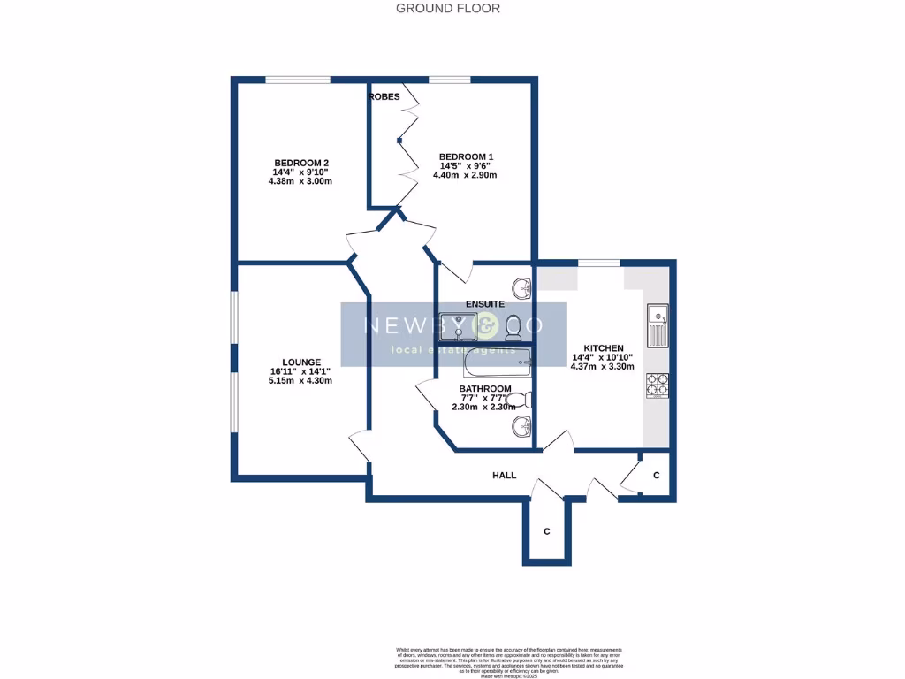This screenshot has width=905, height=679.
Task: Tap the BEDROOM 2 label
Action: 301,163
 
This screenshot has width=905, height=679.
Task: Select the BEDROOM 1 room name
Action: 466,157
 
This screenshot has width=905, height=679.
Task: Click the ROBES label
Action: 384,96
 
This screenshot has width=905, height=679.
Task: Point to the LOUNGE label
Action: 300,362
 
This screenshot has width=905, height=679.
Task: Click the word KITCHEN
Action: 604,348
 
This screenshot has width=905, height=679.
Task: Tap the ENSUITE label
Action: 485,304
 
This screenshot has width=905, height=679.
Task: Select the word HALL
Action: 504,476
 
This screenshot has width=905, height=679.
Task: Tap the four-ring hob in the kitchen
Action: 657,385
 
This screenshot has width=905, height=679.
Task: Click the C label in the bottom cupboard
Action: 547,531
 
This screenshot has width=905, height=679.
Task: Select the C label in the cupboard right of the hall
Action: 656,476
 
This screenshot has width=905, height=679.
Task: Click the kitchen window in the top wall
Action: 598,263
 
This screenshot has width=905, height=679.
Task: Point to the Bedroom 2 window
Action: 298,80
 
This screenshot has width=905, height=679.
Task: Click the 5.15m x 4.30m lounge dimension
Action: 300,381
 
